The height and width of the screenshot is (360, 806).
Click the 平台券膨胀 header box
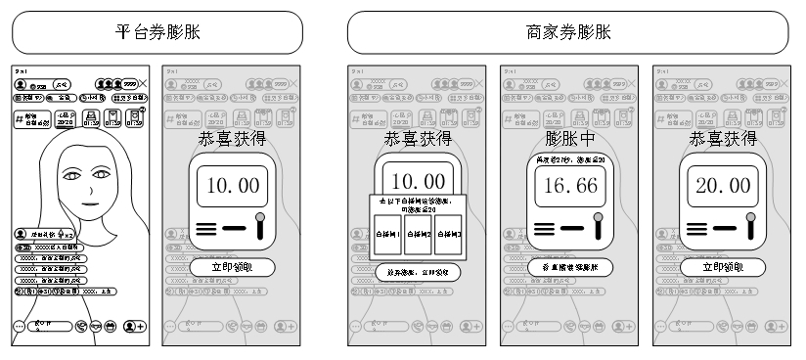coord(158,32)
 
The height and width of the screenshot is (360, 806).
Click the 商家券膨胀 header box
coord(567,32)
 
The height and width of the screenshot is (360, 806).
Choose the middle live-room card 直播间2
coord(417,234)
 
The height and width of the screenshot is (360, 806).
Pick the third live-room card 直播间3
coord(449,234)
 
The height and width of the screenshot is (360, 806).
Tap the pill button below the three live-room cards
coord(417,272)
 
